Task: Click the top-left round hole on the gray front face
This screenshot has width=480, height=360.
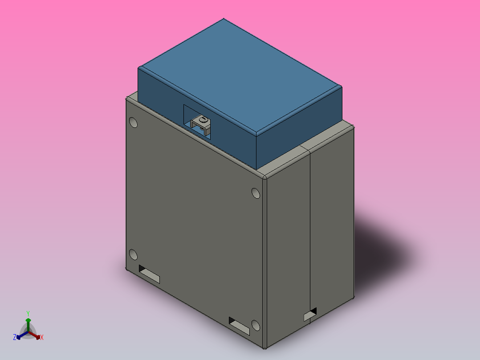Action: [133, 122]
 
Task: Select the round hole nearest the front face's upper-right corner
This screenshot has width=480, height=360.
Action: [256, 193]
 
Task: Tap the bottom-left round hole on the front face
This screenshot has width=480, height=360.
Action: [133, 254]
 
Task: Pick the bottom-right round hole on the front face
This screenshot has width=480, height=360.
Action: [256, 325]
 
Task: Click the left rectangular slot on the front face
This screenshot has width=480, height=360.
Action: [149, 274]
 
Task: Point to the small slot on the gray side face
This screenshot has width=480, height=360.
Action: [310, 315]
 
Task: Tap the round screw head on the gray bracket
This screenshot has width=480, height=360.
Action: [203, 120]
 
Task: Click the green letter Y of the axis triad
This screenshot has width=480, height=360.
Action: [28, 313]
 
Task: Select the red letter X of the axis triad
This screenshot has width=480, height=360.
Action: [41, 337]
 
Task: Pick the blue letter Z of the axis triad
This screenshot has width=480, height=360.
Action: [15, 337]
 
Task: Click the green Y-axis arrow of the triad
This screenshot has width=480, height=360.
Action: [28, 323]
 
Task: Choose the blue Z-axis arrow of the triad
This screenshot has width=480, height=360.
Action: [21, 335]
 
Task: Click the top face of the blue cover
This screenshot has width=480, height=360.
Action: [240, 76]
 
